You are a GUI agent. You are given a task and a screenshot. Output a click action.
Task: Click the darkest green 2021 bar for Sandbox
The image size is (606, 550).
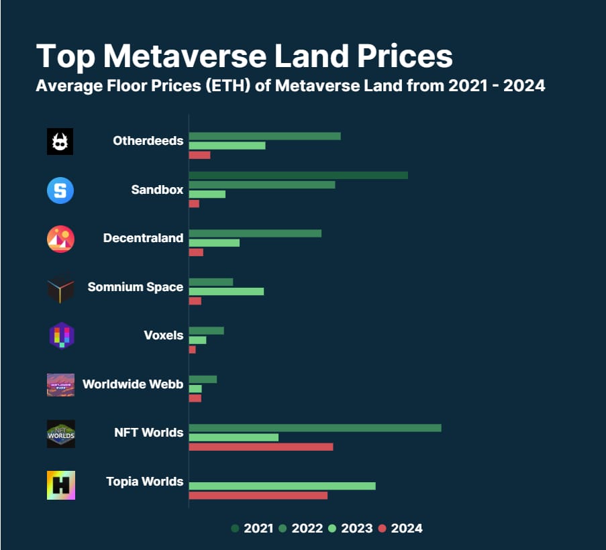tap(298, 175)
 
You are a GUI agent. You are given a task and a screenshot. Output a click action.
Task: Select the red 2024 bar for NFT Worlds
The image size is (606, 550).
tap(260, 447)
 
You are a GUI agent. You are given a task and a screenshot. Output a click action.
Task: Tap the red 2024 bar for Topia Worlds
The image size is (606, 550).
tap(258, 495)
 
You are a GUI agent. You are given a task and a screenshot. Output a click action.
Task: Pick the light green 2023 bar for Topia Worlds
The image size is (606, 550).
tap(282, 486)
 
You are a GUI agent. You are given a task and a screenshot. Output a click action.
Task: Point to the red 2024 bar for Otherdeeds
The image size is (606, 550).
tap(199, 155)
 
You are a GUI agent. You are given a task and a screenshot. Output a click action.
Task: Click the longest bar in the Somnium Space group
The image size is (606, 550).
tap(226, 291)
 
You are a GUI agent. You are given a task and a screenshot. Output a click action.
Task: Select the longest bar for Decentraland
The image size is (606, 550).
tap(255, 233)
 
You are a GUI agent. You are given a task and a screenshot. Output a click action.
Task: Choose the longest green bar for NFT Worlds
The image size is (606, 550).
tap(315, 428)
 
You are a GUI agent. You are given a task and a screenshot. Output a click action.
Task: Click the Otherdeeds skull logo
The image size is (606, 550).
tap(60, 142)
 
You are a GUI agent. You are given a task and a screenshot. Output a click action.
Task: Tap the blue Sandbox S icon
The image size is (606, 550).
tap(60, 190)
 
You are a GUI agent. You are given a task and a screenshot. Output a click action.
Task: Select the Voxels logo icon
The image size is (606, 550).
tap(60, 335)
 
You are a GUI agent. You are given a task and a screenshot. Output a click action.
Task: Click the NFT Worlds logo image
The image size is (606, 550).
tap(61, 433)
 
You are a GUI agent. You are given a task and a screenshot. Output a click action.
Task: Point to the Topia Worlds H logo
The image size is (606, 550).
tap(61, 485)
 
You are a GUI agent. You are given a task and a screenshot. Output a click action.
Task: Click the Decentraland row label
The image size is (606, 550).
tap(143, 238)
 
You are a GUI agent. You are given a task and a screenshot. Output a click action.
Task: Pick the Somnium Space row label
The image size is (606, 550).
tap(135, 287)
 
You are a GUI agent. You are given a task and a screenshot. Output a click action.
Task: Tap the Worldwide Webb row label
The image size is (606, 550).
tap(133, 384)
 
